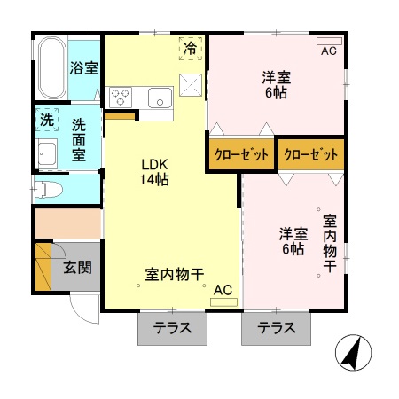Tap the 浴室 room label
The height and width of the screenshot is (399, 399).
pos(84,68)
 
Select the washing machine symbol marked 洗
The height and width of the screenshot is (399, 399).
pos(46,118)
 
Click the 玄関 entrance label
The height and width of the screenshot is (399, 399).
pos(77,267)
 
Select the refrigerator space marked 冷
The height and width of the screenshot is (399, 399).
pos(190,49)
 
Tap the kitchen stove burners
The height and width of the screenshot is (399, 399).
pos(121,95)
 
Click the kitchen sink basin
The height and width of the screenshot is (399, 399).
pos(160,97)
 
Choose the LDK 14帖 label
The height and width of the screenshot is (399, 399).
pos(154,171)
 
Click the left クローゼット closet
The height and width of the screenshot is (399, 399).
pos(240,154)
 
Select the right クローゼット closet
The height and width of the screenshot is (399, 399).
pos(311,154)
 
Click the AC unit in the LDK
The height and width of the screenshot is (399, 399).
pos(223,295)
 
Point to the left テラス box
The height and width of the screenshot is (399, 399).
pos(173,328)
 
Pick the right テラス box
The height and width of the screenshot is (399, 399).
pos(277,328)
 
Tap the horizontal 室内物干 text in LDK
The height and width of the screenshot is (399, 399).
pos(175,273)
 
